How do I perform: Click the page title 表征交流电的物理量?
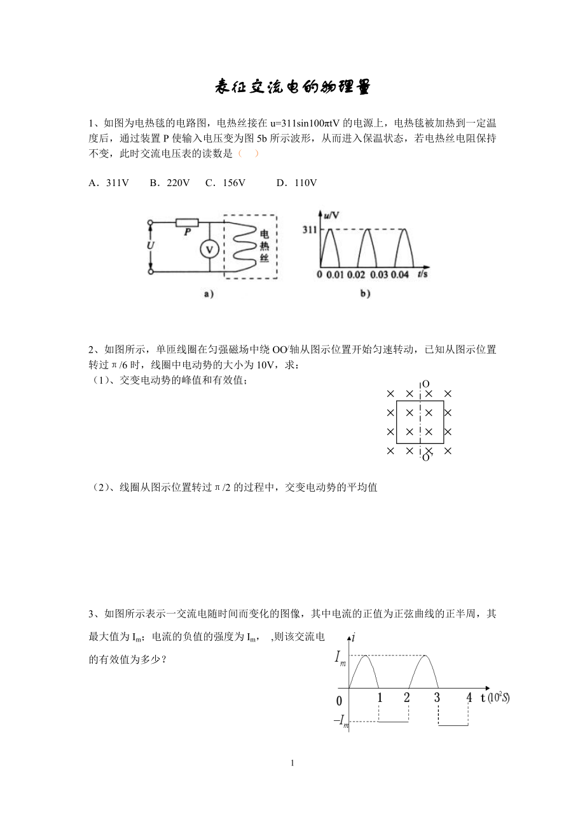point(292,87)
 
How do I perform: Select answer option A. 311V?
point(109,183)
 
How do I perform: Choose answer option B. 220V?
point(170,183)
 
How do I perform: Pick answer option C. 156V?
point(225,183)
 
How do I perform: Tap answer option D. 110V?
point(296,183)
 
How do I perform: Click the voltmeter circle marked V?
point(207,250)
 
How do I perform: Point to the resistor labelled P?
point(188,224)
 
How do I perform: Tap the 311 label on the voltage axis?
point(308,229)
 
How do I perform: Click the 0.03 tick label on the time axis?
point(378,274)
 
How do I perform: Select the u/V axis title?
point(331,216)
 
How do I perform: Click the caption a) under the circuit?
point(207,294)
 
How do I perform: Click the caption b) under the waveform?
point(365,294)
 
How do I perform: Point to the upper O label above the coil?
point(425,384)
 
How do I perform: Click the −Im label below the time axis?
point(341,721)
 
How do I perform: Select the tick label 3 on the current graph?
point(437,697)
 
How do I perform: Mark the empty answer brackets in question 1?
point(247,154)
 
